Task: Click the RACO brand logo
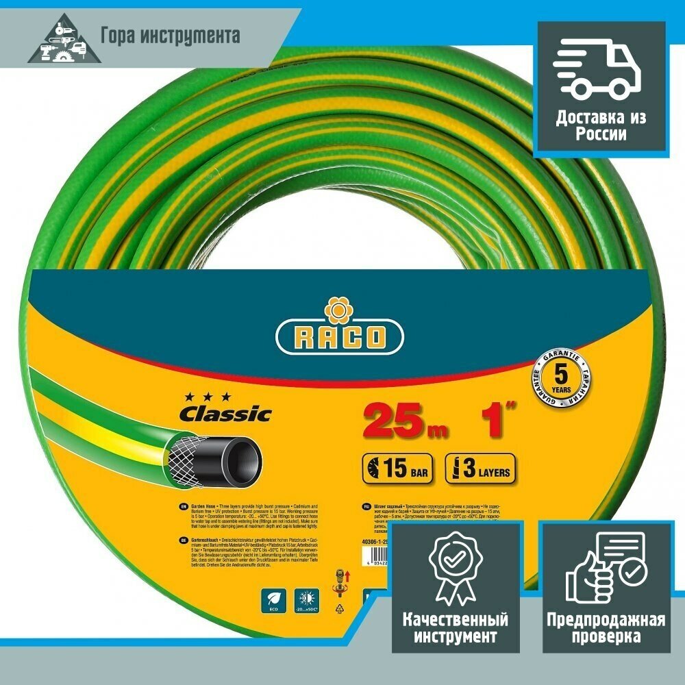(x=340, y=337)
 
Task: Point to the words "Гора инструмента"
(x=171, y=35)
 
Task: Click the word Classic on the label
(x=225, y=414)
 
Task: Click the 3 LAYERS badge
(x=480, y=470)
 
